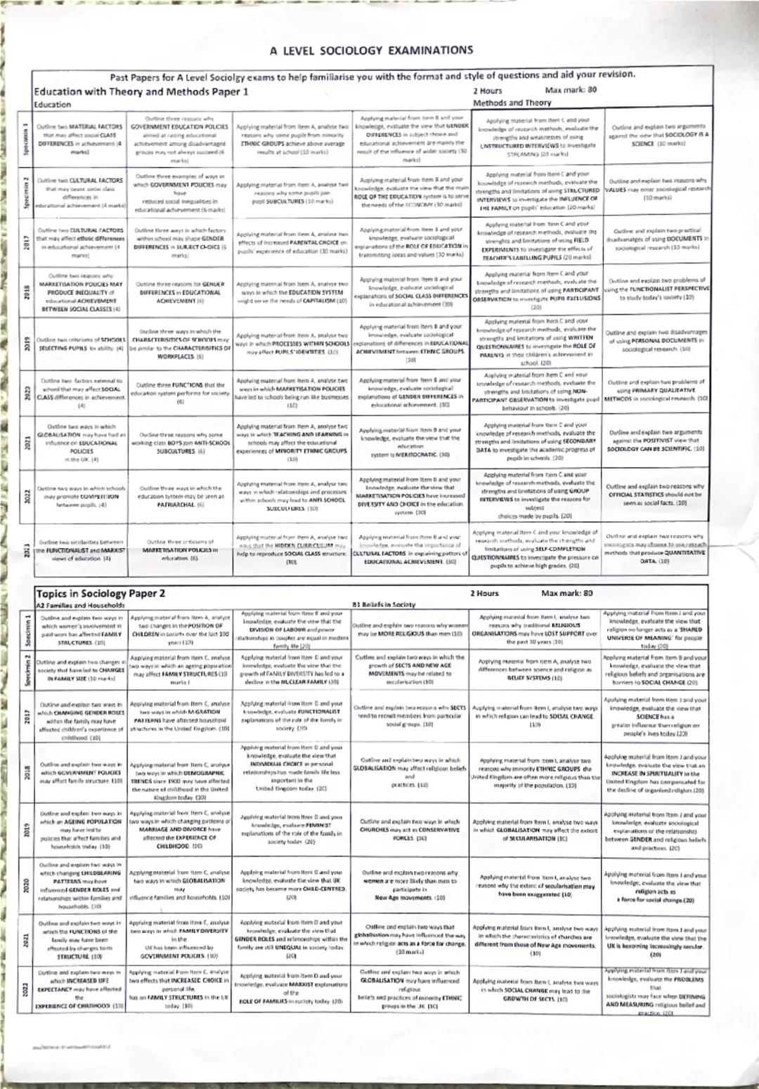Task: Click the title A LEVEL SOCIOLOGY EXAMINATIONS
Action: point(371,51)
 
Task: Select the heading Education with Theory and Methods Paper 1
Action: point(141,91)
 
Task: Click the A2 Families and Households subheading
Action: point(80,605)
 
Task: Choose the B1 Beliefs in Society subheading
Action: point(383,604)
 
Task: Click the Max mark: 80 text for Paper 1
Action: point(571,91)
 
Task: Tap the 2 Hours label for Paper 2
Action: point(485,594)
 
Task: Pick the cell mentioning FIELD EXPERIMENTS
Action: point(536,240)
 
